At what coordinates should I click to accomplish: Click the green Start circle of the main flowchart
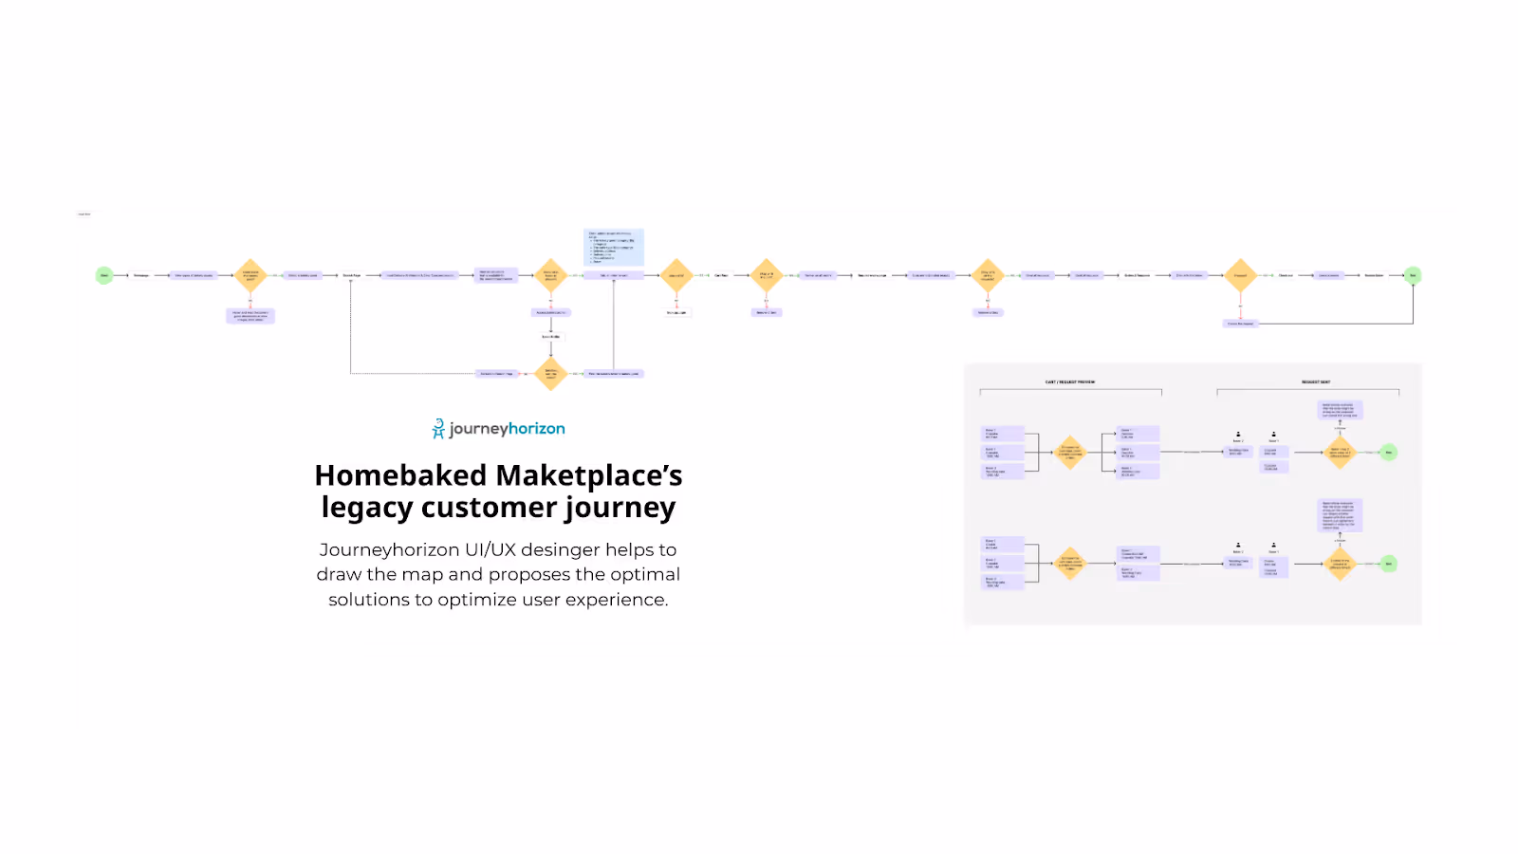104,275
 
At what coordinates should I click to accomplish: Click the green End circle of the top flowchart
1413,275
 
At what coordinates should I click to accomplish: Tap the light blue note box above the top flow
614,247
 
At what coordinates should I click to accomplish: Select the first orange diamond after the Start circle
250,275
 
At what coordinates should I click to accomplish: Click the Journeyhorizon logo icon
438,429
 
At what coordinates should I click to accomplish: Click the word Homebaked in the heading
400,475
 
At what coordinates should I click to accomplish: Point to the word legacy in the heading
367,508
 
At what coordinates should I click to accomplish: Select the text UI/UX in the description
490,549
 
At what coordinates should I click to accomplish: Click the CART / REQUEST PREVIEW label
1070,382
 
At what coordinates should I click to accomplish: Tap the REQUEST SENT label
1316,382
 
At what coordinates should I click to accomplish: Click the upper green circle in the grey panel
1389,452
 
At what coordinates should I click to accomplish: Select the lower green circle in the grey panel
1389,564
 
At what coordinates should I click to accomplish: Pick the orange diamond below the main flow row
550,374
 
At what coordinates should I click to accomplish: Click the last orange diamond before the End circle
1240,275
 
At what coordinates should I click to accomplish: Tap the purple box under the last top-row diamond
1240,324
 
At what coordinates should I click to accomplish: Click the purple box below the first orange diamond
250,316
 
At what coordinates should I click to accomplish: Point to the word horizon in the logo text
537,429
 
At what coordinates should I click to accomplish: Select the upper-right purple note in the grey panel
1341,410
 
